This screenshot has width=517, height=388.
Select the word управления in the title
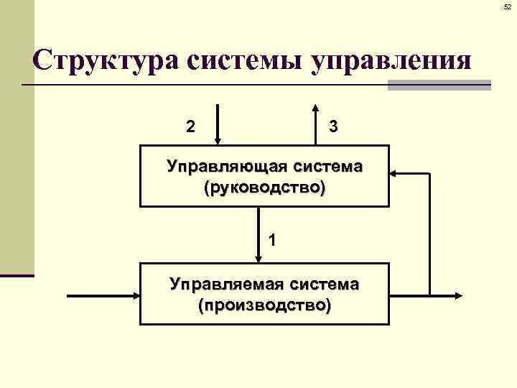(x=392, y=62)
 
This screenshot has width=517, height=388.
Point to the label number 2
(x=190, y=126)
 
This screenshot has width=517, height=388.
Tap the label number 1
(x=272, y=239)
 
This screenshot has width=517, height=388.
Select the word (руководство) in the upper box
(x=264, y=188)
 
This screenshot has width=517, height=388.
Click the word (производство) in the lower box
(x=264, y=306)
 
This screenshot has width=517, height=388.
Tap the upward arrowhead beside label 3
(x=317, y=108)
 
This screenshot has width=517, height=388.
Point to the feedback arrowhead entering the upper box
(x=394, y=173)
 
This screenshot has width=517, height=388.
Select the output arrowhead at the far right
(x=459, y=295)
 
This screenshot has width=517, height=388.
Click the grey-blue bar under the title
(x=439, y=85)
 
